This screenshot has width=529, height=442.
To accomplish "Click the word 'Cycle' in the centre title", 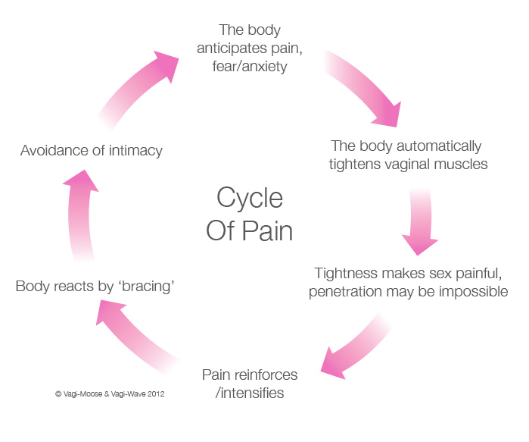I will (x=250, y=198).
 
